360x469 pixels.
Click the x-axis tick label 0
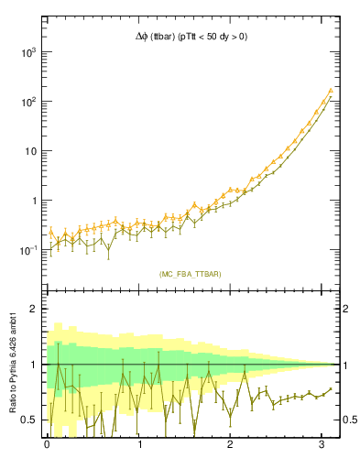coord(47,446)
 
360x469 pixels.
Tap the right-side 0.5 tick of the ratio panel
coord(350,420)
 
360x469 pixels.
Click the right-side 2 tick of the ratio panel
coord(346,309)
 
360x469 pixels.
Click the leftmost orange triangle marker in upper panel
coord(51,232)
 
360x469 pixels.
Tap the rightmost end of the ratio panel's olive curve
coord(332,388)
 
